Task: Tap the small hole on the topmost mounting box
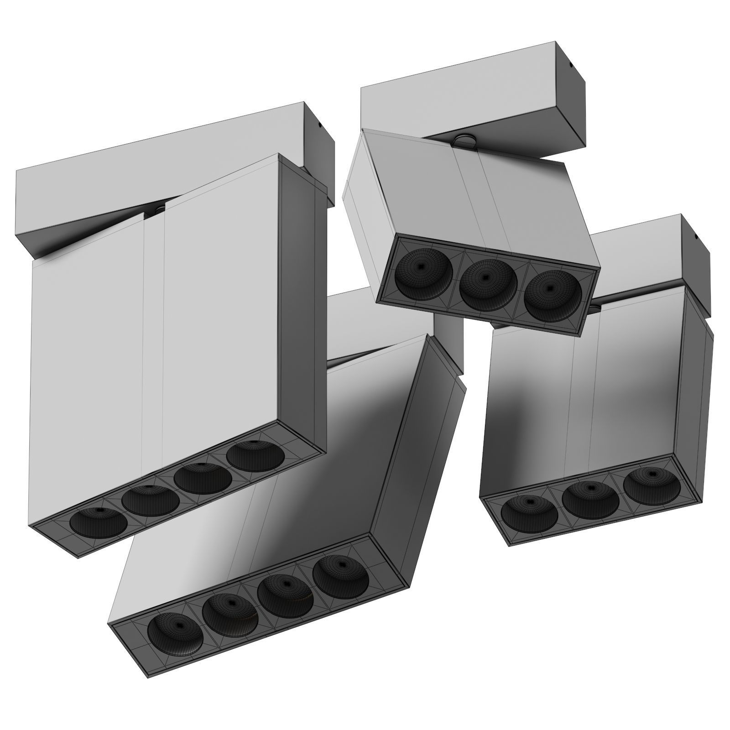point(571,63)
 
